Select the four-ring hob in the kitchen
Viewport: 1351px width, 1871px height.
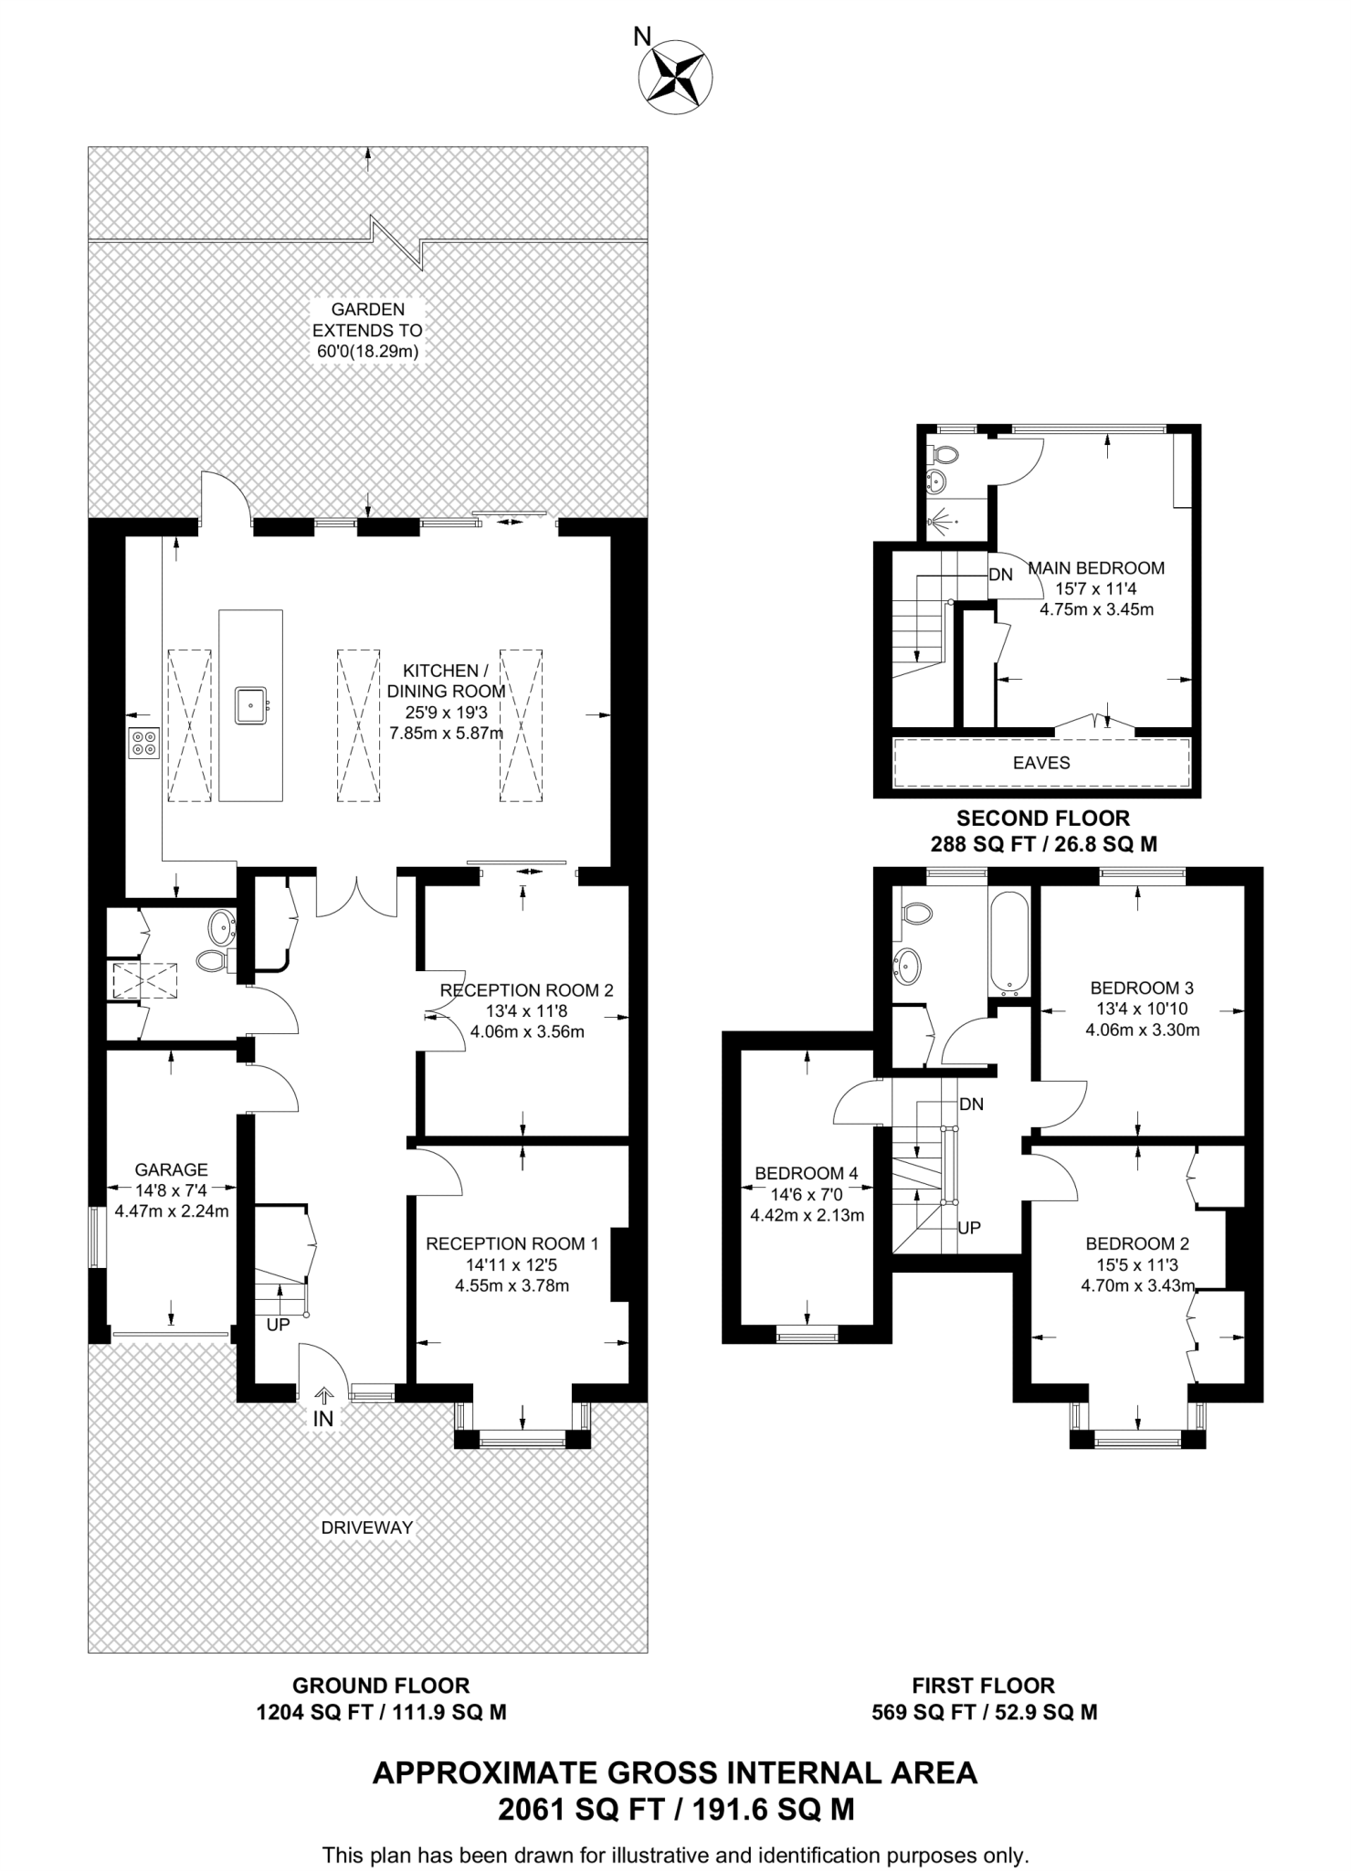click(x=143, y=743)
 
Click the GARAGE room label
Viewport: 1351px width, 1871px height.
click(x=172, y=1169)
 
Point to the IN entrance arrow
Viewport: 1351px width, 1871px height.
click(x=323, y=1395)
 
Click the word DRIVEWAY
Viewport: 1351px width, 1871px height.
click(x=367, y=1527)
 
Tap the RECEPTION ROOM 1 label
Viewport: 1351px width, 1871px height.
click(x=512, y=1243)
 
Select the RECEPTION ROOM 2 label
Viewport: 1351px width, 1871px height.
click(x=527, y=990)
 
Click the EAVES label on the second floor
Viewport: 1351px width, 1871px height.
click(x=1041, y=763)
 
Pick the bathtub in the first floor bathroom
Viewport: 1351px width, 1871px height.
click(x=1009, y=946)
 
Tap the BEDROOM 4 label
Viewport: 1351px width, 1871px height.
click(x=807, y=1173)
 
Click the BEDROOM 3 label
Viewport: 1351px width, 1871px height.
click(x=1142, y=988)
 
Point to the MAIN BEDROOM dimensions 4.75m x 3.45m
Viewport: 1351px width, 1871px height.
click(x=1097, y=609)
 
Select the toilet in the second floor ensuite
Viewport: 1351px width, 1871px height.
click(x=942, y=454)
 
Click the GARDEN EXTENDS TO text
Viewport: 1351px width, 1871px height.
click(x=368, y=320)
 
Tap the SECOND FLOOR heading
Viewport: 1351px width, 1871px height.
click(x=1043, y=818)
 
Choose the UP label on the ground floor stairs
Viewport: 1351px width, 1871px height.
click(x=278, y=1324)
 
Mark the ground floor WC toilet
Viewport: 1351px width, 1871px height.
click(x=214, y=960)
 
